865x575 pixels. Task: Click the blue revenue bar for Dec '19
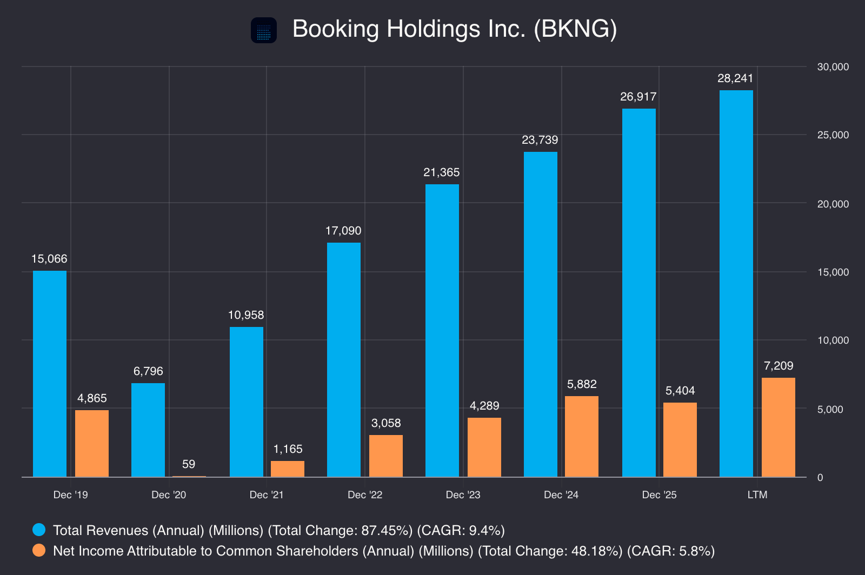[x=49, y=373]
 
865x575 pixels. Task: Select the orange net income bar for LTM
[x=778, y=427]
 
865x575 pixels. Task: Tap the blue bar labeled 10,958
[x=247, y=402]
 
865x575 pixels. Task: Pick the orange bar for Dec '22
[x=386, y=456]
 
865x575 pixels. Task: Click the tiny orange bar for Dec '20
[x=189, y=477]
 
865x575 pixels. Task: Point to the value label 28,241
[x=735, y=78]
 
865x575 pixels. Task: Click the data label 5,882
[x=582, y=384]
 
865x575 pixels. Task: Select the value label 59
[x=189, y=464]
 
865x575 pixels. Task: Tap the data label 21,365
[x=441, y=172]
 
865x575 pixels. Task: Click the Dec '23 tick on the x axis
[x=463, y=494]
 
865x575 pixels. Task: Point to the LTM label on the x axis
[x=757, y=494]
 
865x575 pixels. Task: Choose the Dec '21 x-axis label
[x=267, y=494]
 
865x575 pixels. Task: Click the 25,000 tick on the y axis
[x=833, y=135]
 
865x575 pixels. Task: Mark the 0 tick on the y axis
[x=820, y=477]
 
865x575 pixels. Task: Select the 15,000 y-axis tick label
[x=833, y=272]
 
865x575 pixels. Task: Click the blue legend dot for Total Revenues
[x=39, y=530]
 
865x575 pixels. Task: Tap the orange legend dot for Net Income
[x=39, y=550]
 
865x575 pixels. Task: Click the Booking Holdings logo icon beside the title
[x=264, y=30]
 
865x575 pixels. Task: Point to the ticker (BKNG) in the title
[x=575, y=29]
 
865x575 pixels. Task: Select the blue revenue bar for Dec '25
[x=638, y=292]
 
